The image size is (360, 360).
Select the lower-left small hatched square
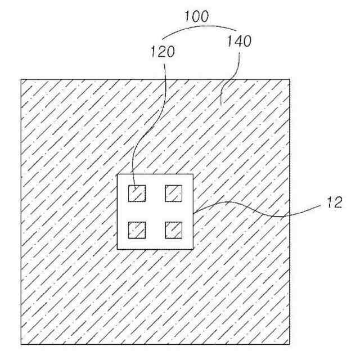137,229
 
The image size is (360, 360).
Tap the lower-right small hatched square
174,229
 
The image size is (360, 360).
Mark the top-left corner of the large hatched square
21,79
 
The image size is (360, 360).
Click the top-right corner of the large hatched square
290,79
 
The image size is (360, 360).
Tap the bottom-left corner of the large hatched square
21,344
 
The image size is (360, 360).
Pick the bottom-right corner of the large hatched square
290,344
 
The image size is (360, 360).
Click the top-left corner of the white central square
117,174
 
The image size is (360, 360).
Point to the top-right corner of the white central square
193,174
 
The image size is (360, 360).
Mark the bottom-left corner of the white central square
117,249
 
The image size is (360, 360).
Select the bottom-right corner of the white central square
193,249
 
